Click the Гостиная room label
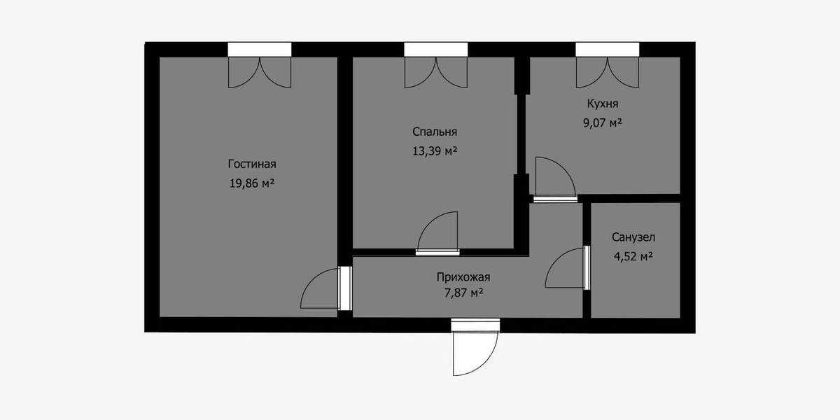(252, 164)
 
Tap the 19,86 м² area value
(252, 183)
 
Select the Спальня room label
(435, 132)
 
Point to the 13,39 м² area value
(435, 151)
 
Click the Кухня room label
(603, 104)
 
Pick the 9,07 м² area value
(603, 122)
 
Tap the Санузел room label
(633, 237)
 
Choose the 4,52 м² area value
(633, 256)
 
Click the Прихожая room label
(463, 277)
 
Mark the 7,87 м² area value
(463, 293)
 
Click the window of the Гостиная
(260, 50)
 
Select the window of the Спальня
(435, 50)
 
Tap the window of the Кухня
(608, 50)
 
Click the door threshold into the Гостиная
(345, 288)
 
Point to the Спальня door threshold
(437, 253)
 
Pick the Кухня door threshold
(555, 199)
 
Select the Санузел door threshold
(587, 267)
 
